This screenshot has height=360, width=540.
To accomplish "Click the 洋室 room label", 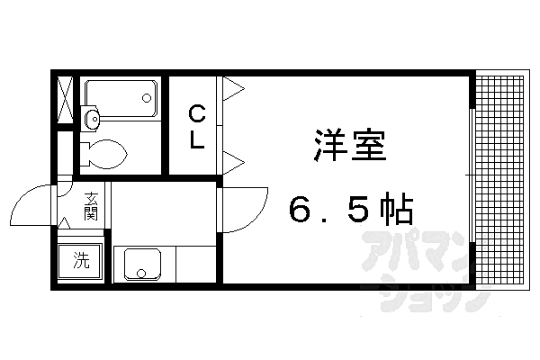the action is [x=351, y=145].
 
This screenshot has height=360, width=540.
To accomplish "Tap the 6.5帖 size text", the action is [x=351, y=211].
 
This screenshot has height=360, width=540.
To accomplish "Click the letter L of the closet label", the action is [x=196, y=141].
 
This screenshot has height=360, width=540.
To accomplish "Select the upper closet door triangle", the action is [x=233, y=88].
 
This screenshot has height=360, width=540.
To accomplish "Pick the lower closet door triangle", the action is [x=233, y=163].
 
